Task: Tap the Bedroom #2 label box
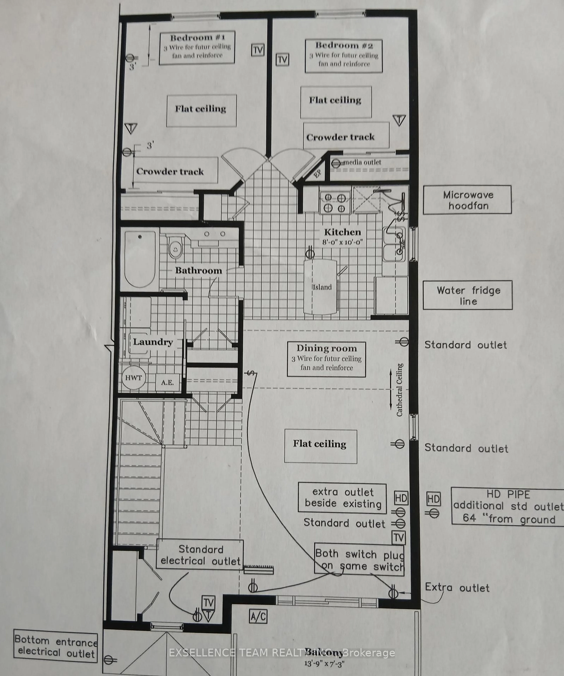click(x=344, y=56)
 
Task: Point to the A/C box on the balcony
click(x=258, y=616)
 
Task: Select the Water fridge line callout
click(x=468, y=295)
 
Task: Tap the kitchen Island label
click(x=322, y=287)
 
